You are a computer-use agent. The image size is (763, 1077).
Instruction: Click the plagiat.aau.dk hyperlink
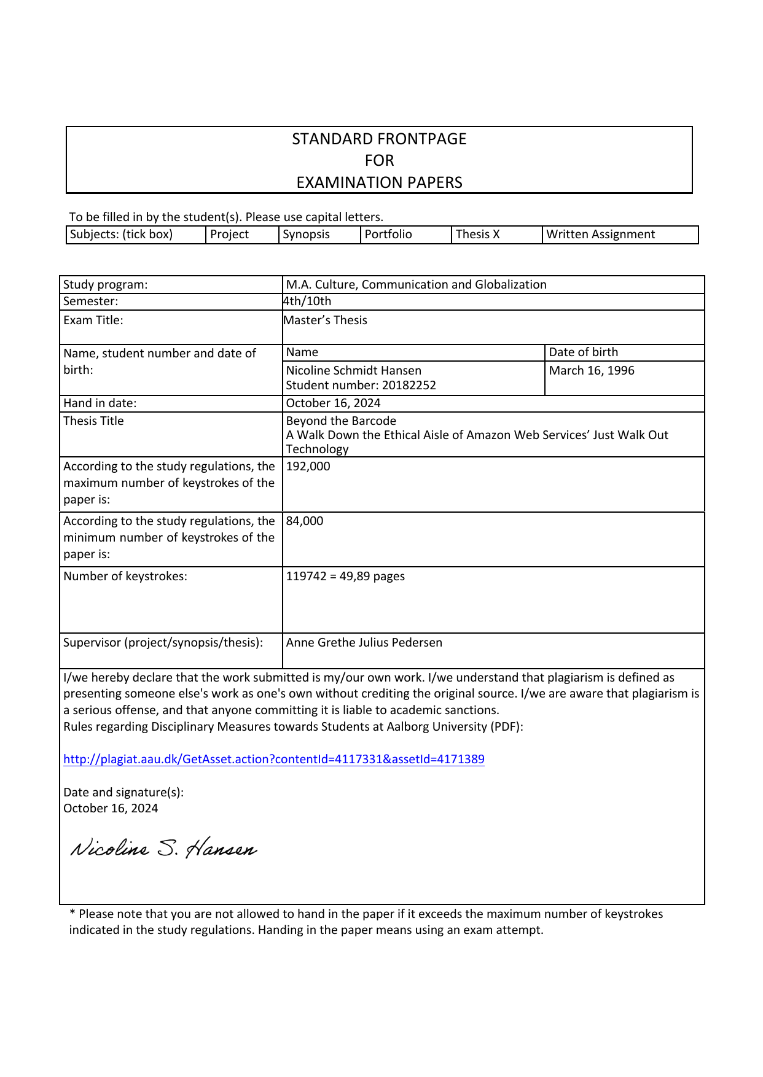[274, 760]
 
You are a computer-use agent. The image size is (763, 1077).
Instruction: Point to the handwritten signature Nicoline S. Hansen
[163, 849]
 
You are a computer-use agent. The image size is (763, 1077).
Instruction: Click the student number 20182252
[361, 386]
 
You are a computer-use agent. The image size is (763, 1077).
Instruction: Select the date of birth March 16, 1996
[592, 371]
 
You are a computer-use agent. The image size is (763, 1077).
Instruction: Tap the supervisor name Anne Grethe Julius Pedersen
[364, 643]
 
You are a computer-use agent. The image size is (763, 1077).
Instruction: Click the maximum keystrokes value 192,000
[308, 467]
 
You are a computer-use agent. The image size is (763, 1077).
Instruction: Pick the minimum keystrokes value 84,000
[305, 521]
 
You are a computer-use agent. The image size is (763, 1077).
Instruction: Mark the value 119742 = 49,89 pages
[345, 577]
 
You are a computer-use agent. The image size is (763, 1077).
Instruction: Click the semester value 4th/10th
[307, 301]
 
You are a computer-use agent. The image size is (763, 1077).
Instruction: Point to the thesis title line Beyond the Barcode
[341, 421]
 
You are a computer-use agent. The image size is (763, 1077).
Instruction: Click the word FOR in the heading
[379, 161]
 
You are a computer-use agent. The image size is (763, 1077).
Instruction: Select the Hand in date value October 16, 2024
[334, 403]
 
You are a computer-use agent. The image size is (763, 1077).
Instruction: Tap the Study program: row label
[106, 285]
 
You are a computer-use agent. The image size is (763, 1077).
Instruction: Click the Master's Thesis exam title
[326, 321]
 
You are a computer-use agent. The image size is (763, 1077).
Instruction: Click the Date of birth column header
[584, 352]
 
